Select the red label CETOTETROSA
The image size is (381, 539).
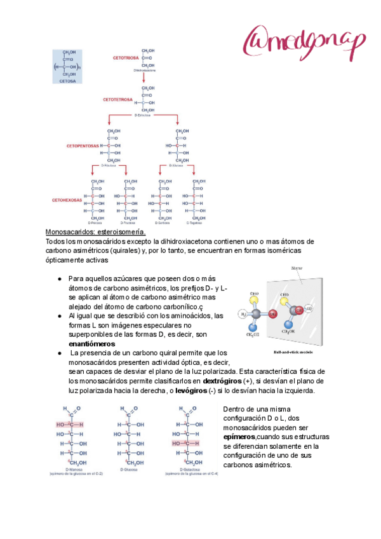tap(118, 100)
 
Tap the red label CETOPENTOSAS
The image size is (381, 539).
tap(83, 146)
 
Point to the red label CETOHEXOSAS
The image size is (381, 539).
tap(67, 200)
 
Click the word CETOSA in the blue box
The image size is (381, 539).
tap(67, 81)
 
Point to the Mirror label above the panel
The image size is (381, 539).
tap(296, 269)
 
